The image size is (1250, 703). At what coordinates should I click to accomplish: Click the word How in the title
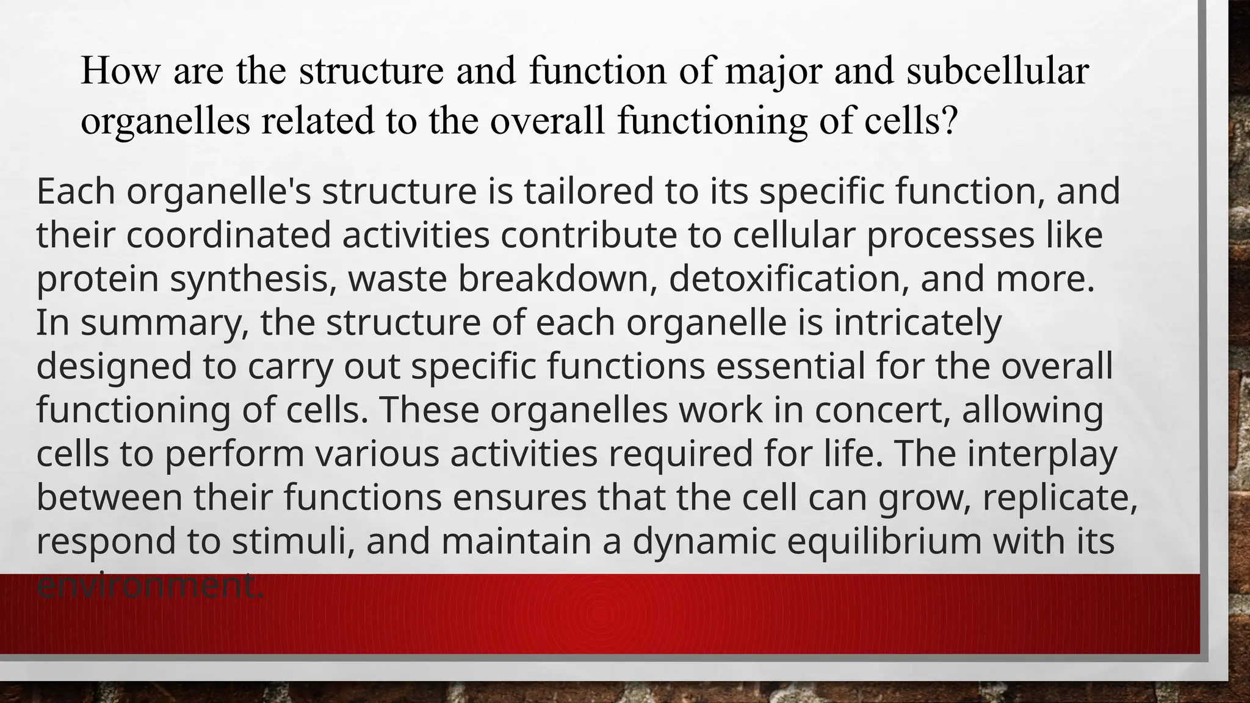[120, 71]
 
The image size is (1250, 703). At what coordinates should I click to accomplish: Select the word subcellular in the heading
[997, 71]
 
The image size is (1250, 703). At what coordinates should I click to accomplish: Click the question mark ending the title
[948, 121]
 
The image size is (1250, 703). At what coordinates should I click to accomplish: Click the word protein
[97, 279]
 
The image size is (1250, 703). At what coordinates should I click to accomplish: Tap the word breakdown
[558, 279]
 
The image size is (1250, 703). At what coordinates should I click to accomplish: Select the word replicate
[1060, 498]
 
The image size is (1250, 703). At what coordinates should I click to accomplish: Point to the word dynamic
[704, 542]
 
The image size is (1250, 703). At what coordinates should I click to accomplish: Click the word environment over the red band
[150, 586]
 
